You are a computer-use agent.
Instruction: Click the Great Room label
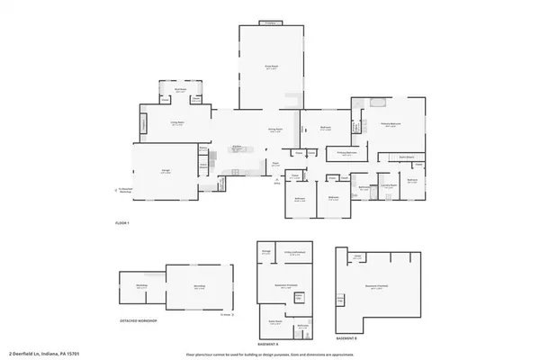pyautogui.click(x=269, y=66)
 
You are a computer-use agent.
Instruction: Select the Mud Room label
pyautogui.click(x=180, y=90)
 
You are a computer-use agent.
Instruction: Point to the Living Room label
pyautogui.click(x=152, y=124)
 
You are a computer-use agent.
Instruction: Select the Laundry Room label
pyautogui.click(x=389, y=186)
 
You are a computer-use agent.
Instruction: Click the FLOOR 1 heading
pyautogui.click(x=121, y=222)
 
